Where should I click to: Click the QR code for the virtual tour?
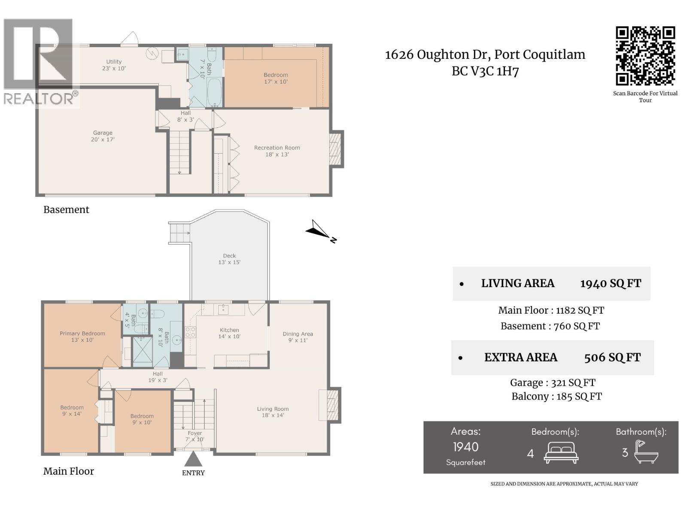point(645,56)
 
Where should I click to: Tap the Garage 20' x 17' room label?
point(103,136)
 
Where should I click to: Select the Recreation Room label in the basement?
point(277,151)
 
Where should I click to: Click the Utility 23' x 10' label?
point(114,65)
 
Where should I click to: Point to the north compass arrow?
point(320,230)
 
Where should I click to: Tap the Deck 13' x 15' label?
point(229,259)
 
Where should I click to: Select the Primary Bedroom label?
point(82,336)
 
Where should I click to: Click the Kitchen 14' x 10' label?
point(229,333)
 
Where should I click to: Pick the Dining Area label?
point(298,337)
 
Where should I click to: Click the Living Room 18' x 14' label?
point(273,412)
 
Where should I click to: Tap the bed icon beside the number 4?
point(561,452)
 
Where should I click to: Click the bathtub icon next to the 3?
point(647,452)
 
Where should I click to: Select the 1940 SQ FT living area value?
point(610,284)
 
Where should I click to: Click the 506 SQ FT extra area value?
point(612,357)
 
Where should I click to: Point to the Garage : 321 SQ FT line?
point(552,382)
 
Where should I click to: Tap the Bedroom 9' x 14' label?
point(72,411)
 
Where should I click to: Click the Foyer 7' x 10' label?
point(195,436)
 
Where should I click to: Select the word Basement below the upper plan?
point(66,209)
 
